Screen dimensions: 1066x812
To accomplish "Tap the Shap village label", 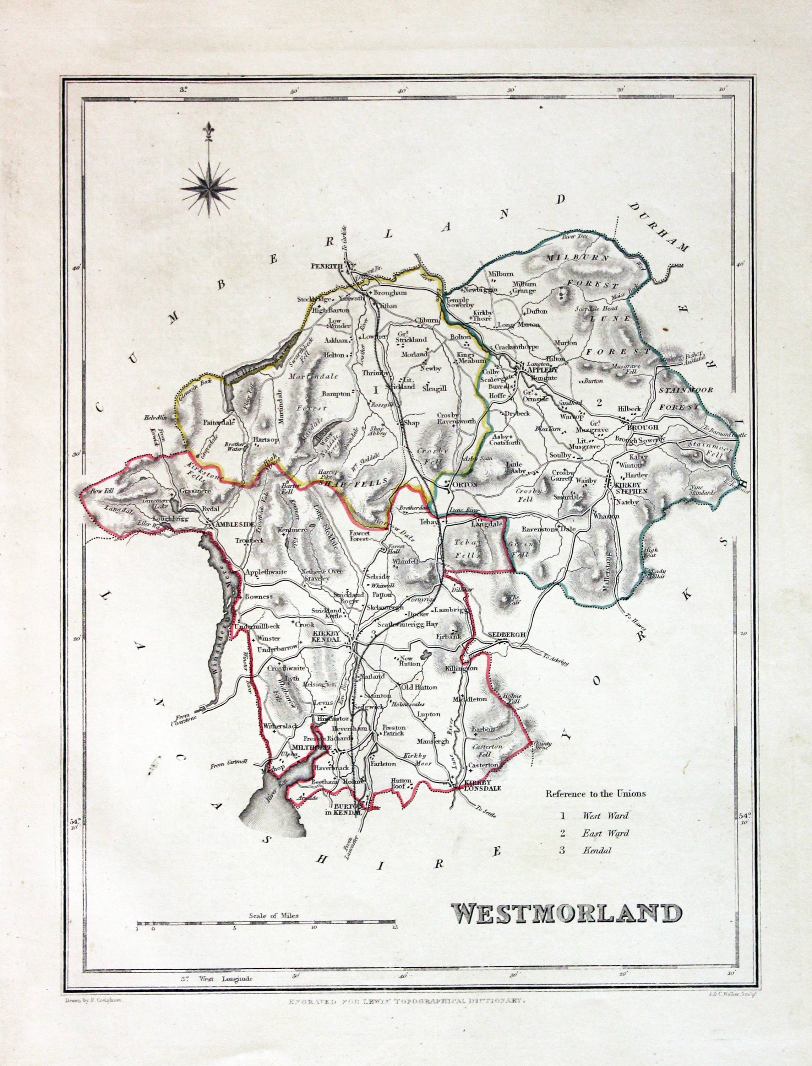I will click(410, 423).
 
